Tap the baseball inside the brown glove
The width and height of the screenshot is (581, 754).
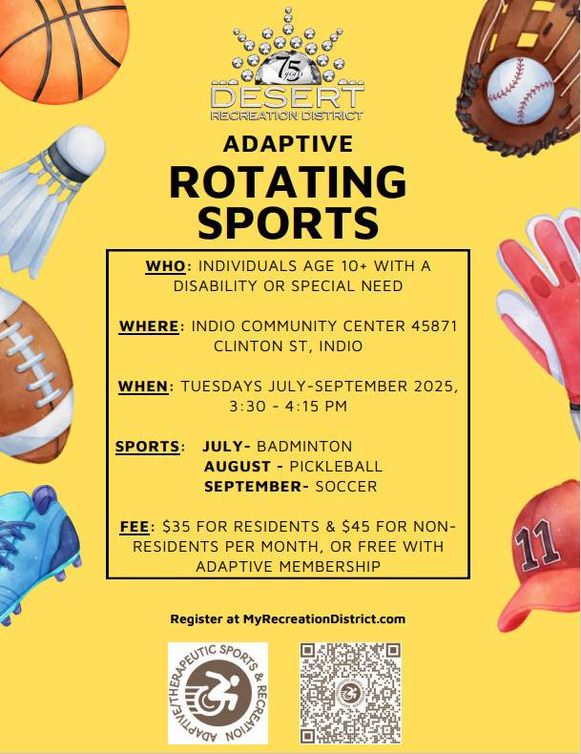click(521, 91)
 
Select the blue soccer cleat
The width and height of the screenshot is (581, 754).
click(36, 553)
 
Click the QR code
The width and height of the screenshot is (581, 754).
click(350, 693)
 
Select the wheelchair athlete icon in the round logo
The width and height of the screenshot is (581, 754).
click(218, 693)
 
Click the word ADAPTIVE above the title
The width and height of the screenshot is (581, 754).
click(288, 144)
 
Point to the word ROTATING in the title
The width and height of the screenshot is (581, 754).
click(288, 181)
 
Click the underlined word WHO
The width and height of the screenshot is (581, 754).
click(165, 266)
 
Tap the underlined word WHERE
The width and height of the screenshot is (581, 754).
click(149, 326)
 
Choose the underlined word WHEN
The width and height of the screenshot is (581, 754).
click(143, 387)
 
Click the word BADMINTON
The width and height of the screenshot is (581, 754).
click(304, 447)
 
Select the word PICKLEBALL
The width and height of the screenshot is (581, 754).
click(336, 467)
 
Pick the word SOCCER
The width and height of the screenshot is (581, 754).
click(346, 486)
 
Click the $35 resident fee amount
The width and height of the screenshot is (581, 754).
click(173, 527)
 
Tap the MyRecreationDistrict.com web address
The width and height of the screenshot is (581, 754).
click(324, 618)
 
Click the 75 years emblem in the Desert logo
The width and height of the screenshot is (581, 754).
click(287, 68)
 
